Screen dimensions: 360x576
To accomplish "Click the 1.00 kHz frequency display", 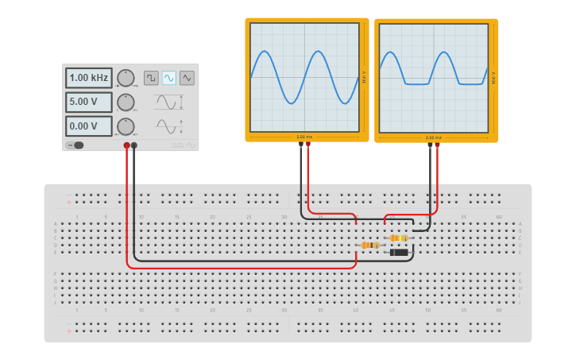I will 88,78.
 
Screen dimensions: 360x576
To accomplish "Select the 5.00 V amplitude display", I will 88,103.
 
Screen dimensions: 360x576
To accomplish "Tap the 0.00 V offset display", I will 88,126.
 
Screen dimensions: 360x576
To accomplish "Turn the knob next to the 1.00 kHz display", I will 126,78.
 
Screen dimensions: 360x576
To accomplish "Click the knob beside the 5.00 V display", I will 126,103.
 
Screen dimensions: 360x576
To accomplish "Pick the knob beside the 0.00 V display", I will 126,126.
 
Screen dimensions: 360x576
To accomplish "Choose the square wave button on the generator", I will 151,78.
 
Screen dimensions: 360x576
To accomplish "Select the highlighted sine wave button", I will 169,78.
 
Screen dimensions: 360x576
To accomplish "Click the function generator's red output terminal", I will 126,145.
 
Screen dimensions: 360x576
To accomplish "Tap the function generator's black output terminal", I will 134,145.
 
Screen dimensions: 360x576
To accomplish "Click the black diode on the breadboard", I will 400,253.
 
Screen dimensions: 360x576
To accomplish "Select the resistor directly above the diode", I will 399,238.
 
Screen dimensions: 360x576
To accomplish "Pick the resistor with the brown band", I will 369,245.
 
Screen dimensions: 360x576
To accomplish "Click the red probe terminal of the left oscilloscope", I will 308,145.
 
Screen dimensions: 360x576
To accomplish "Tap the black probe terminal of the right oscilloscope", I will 430,145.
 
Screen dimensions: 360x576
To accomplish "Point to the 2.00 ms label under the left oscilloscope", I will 304,137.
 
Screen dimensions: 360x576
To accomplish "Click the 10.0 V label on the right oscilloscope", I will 493,78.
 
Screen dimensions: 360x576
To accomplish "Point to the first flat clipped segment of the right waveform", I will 416,83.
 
